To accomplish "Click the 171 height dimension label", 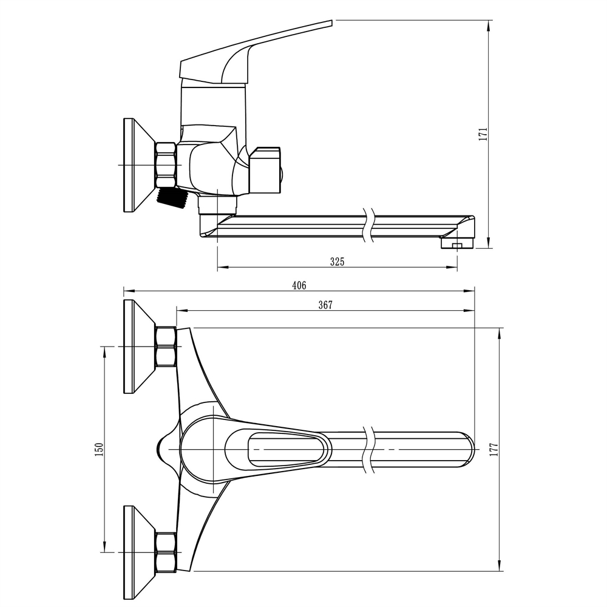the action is coord(484,134).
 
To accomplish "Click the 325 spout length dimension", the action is coord(337,262).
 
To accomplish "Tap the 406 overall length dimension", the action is coord(299,285).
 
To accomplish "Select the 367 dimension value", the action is coord(325,305).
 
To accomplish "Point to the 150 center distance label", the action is coord(100,449).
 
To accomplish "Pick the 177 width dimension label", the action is coord(494,449).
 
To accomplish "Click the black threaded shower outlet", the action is coord(172,197).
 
